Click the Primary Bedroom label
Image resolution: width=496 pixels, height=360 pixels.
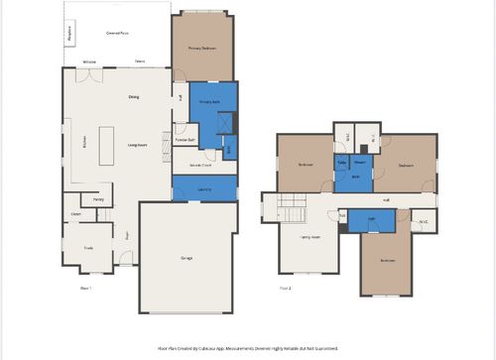(202, 48)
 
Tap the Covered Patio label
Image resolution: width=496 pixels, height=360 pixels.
(117, 33)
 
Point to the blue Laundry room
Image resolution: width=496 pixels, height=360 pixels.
(204, 187)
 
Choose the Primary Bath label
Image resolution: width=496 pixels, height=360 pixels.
(209, 102)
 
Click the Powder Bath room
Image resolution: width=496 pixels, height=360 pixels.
(185, 140)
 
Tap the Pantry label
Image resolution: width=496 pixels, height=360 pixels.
(99, 199)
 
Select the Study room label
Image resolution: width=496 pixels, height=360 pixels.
(87, 248)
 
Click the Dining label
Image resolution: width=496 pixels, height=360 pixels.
(133, 96)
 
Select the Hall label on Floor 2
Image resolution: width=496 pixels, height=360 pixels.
(385, 199)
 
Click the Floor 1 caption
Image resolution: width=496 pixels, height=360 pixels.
(85, 289)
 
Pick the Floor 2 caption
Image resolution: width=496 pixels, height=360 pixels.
(285, 289)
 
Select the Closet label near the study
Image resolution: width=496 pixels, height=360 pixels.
(75, 213)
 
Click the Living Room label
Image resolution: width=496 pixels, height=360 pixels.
(138, 144)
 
